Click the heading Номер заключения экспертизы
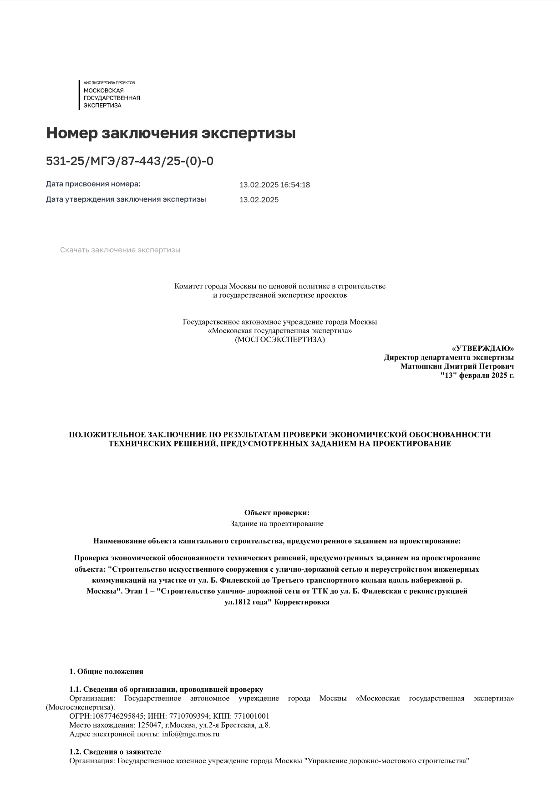[171, 133]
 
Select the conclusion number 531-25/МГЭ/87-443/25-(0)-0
[129, 161]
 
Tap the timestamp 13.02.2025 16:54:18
[274, 185]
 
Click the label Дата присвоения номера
[93, 184]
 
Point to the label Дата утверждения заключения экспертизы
[126, 199]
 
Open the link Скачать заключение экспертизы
[120, 250]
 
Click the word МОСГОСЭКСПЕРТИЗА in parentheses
[280, 340]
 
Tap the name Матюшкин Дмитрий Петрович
[457, 366]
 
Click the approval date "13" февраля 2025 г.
[477, 375]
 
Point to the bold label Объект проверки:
[277, 513]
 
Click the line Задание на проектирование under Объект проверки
[277, 524]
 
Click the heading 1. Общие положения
[106, 671]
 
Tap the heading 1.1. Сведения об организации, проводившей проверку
[166, 690]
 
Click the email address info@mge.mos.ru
[191, 734]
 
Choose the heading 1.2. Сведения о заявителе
[115, 752]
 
